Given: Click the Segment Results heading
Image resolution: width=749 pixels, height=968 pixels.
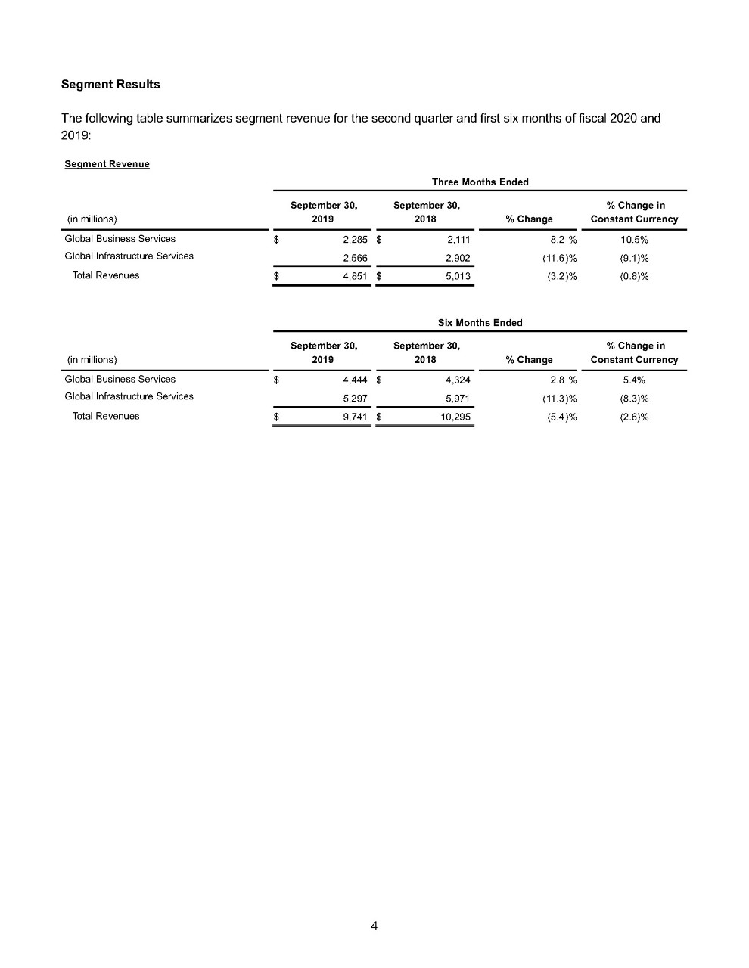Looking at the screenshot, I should click(110, 85).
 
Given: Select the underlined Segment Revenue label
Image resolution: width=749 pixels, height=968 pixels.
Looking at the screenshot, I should click(107, 164).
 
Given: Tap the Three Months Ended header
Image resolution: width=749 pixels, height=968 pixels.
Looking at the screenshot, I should click(480, 182).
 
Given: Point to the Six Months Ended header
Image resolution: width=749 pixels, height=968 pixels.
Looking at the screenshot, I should click(480, 323).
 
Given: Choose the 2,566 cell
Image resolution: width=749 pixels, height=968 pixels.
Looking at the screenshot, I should click(355, 258).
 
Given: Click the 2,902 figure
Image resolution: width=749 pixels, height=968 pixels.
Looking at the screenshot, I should click(458, 258).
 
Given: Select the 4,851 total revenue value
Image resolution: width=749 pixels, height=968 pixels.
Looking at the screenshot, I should click(355, 276).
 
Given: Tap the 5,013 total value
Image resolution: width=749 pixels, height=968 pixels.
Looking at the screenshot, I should click(458, 276).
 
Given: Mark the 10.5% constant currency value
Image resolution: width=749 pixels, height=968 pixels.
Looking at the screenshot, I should click(634, 240).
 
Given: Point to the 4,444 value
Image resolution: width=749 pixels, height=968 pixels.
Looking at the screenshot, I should click(355, 380).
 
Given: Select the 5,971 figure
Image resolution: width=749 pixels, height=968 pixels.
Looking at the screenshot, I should click(458, 399).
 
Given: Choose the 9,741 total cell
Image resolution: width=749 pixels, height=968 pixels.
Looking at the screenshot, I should click(355, 417).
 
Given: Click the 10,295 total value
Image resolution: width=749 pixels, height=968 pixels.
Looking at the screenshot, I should click(455, 417).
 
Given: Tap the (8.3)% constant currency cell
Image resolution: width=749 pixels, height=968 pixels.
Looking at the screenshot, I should click(634, 399).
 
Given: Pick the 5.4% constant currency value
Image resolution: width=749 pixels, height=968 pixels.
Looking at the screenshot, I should click(634, 380).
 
